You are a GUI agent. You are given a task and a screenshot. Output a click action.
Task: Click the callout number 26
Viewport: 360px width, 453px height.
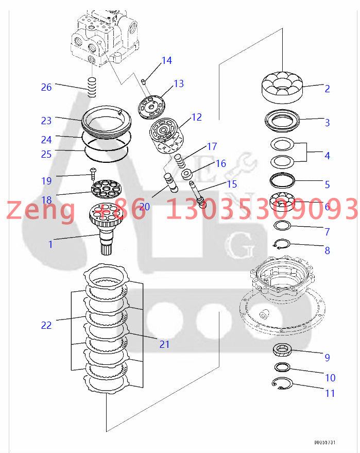click(x=46, y=87)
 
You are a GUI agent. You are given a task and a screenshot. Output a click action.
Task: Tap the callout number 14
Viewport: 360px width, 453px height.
click(x=166, y=61)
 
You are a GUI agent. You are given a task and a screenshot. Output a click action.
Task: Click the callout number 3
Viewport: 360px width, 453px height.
click(x=327, y=123)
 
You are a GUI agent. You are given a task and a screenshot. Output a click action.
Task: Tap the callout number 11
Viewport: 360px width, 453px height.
click(x=330, y=393)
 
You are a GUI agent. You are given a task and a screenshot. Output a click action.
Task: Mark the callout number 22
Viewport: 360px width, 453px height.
click(x=46, y=325)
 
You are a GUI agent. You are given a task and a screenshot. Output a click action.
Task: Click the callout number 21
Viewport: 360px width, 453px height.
click(x=164, y=344)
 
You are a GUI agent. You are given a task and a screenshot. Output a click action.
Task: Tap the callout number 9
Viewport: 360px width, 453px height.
click(x=327, y=357)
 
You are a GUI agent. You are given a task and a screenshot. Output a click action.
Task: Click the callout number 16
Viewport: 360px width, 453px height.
click(x=220, y=164)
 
